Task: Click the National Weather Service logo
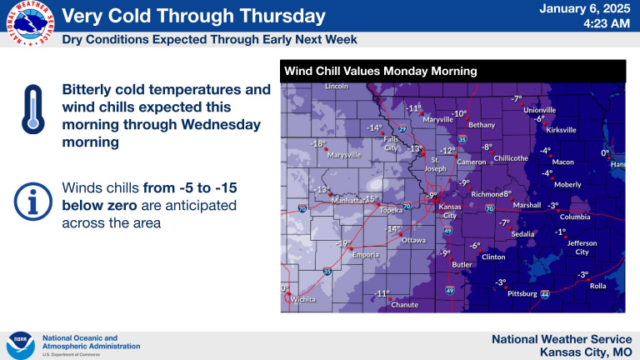(30, 23)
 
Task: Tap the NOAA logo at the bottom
(20, 346)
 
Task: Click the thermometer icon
(33, 109)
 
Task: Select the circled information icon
(33, 202)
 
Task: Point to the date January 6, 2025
(585, 9)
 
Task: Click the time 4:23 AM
(607, 23)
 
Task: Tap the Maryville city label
(438, 120)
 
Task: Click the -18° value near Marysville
(318, 143)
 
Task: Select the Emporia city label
(366, 255)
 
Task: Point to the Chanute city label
(404, 304)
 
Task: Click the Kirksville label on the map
(561, 130)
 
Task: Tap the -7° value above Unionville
(517, 99)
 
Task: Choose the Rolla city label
(598, 286)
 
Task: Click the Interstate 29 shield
(402, 129)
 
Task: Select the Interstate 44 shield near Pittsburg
(545, 294)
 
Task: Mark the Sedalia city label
(522, 234)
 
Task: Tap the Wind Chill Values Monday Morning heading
(380, 71)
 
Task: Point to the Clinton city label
(493, 257)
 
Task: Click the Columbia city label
(575, 217)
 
